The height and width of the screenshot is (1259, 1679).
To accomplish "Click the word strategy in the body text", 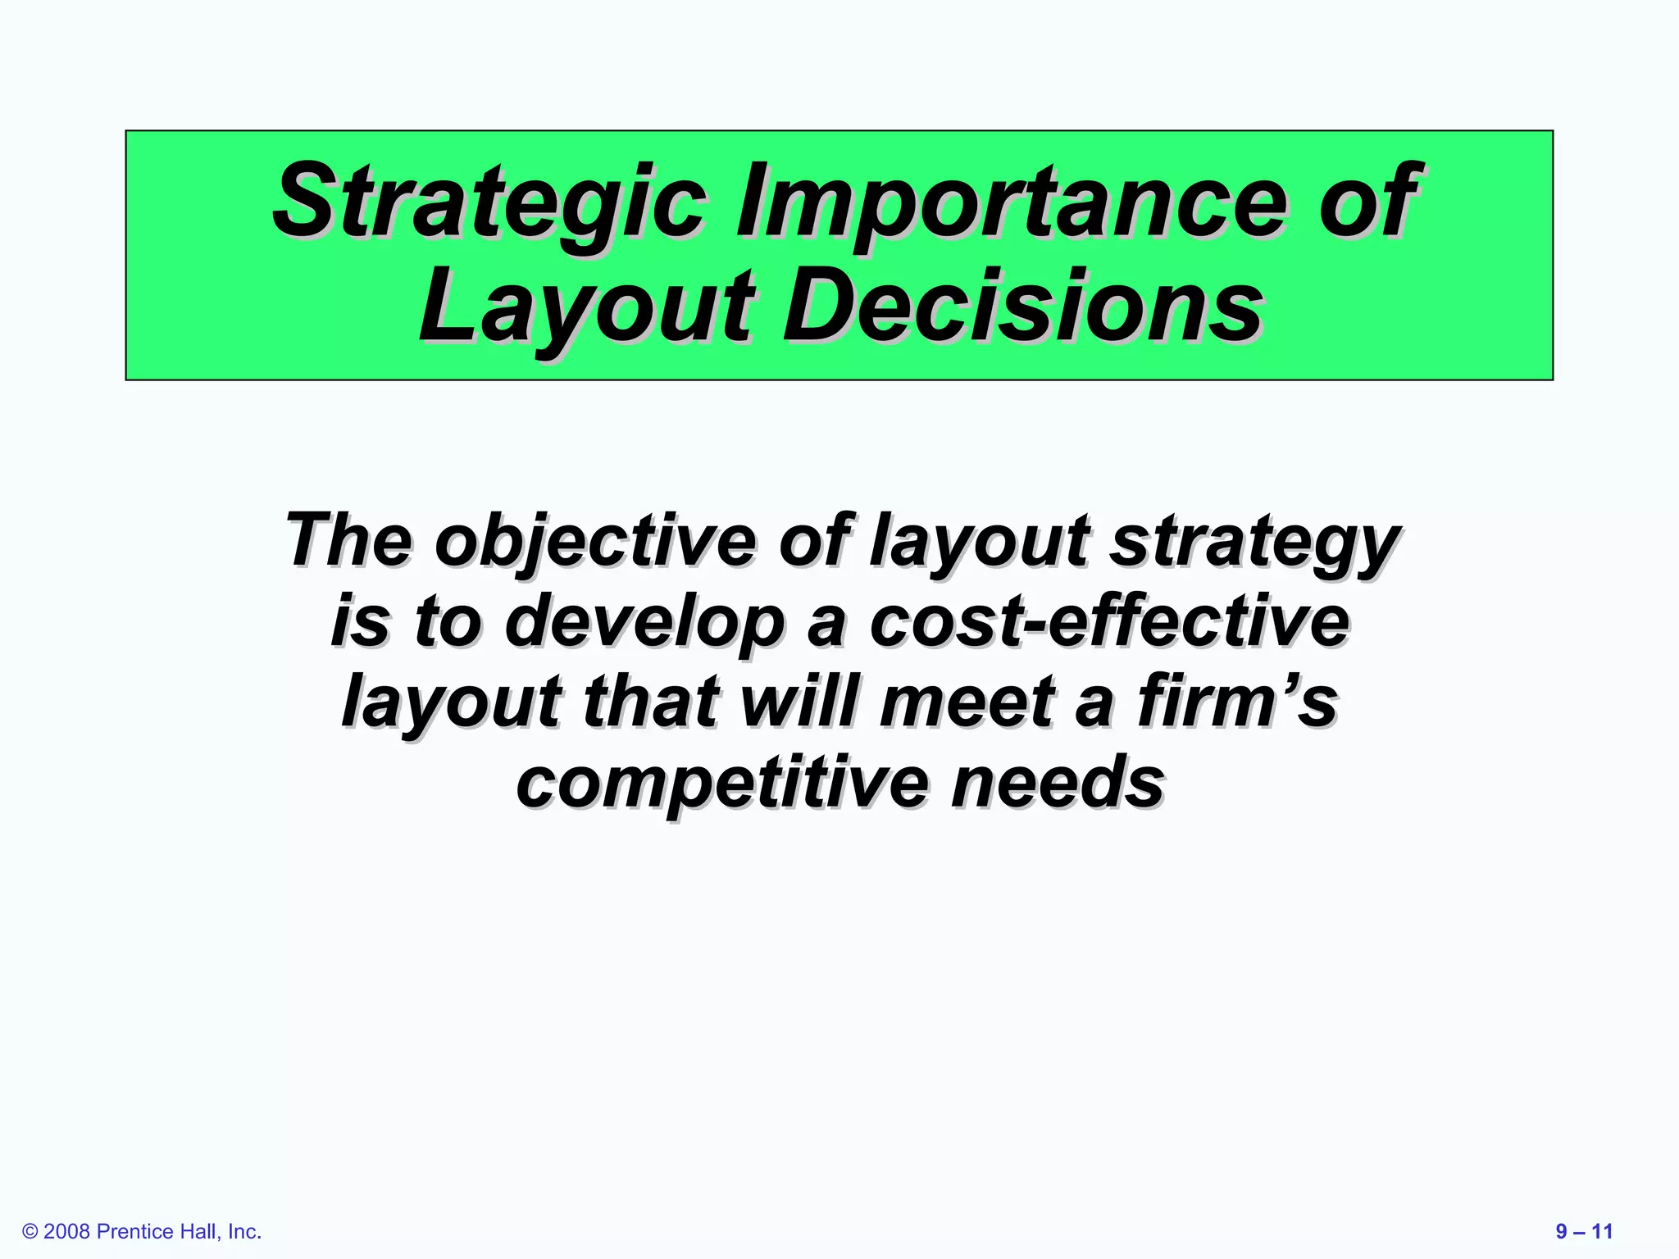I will pyautogui.click(x=1254, y=542).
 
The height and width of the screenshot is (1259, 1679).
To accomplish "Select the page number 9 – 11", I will pyautogui.click(x=1584, y=1231).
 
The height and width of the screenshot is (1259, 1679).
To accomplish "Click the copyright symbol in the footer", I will pyautogui.click(x=30, y=1232).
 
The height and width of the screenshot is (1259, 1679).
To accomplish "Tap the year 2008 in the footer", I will pyautogui.click(x=66, y=1232).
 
